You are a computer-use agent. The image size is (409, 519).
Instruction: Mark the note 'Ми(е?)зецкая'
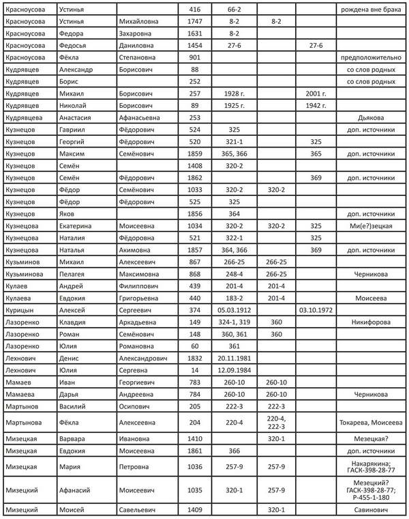pos(372,225)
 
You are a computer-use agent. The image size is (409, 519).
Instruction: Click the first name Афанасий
pos(78,490)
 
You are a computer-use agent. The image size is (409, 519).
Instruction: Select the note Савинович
pos(372,511)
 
